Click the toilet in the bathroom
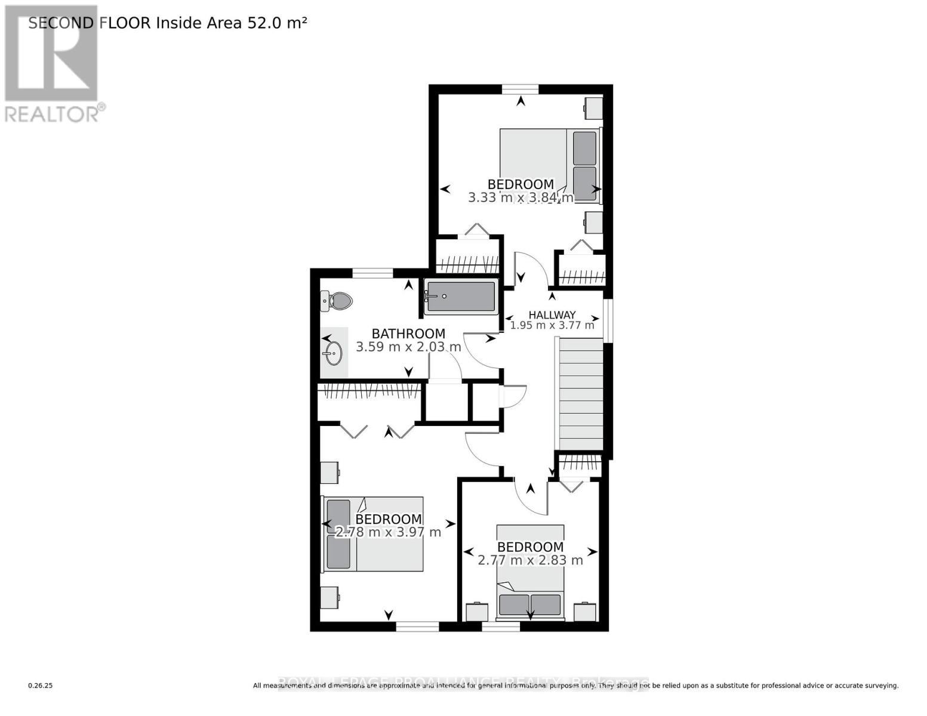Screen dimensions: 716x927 (x=337, y=300)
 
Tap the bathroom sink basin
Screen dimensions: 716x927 (x=333, y=353)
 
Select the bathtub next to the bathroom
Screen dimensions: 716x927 (x=461, y=297)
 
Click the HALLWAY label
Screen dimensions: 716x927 (x=552, y=315)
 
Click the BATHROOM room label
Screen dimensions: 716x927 (x=408, y=334)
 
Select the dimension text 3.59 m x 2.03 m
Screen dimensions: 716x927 (x=408, y=347)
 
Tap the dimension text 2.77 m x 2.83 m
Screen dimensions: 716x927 (x=530, y=560)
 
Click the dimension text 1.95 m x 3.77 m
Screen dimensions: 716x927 (x=552, y=326)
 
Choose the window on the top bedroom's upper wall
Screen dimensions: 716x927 (x=520, y=89)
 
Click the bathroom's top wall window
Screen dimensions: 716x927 (x=372, y=273)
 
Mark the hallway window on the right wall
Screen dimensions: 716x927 (x=607, y=320)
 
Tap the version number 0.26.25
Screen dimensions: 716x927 (x=41, y=686)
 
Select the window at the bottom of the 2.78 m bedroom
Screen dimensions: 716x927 (x=417, y=626)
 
